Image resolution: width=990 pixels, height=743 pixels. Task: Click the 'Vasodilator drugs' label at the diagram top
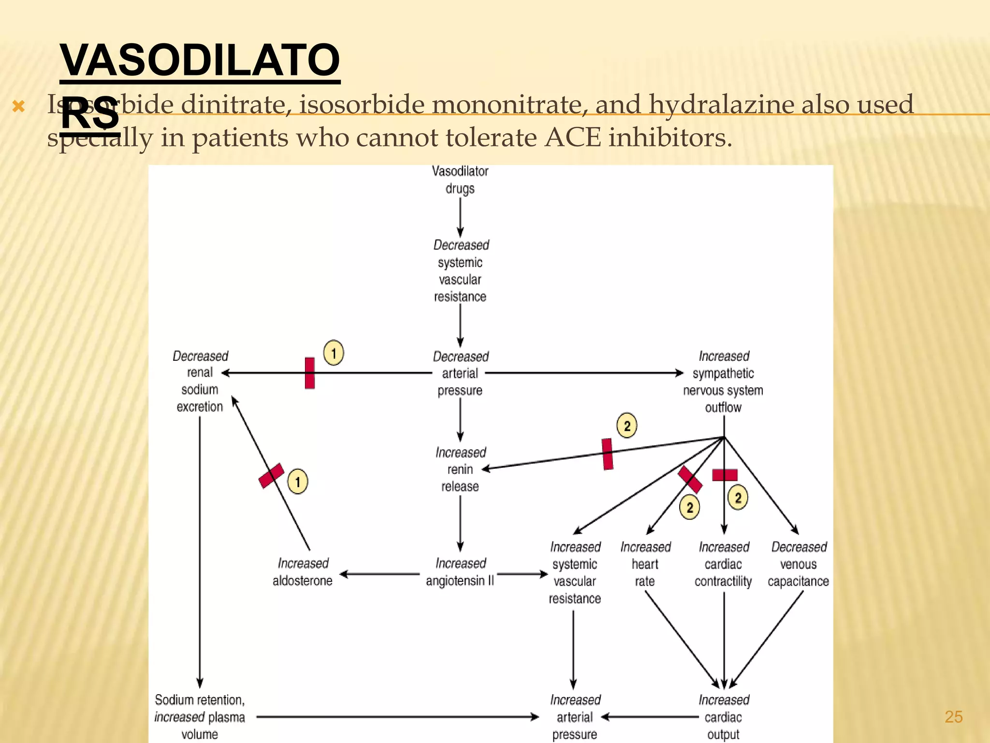[x=460, y=180]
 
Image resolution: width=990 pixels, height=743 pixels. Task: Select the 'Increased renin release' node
[x=460, y=469]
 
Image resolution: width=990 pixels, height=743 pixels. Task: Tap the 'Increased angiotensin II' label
[x=460, y=572]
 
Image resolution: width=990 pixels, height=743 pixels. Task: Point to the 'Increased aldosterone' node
[x=303, y=572]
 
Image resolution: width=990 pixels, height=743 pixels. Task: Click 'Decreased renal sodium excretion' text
[x=200, y=381]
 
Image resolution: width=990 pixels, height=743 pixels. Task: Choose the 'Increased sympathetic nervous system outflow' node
[x=723, y=382]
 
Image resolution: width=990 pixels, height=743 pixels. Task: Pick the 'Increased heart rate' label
[x=645, y=564]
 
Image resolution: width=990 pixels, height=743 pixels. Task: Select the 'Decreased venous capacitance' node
[x=799, y=564]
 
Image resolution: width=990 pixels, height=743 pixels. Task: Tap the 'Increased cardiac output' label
[x=724, y=717]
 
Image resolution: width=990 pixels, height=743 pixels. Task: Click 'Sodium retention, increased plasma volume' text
[x=200, y=717]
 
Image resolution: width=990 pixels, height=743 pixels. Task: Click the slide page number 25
[x=953, y=716]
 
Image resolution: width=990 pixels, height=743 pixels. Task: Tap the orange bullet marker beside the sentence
[x=18, y=106]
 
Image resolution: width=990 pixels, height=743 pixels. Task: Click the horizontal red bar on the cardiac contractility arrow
[x=725, y=475]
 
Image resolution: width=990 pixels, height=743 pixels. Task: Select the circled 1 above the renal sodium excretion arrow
[x=334, y=353]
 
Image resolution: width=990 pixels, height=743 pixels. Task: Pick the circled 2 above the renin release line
[x=627, y=426]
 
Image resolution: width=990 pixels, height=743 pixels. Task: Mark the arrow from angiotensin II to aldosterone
[x=379, y=574]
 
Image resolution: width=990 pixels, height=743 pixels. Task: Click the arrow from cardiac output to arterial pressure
[x=650, y=717]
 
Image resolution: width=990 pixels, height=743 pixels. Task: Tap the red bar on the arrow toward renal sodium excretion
[x=310, y=373]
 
